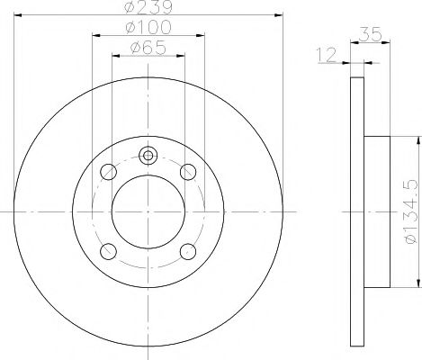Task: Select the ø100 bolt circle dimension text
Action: (x=148, y=30)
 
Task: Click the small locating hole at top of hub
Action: (x=148, y=155)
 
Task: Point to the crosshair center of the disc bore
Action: (x=148, y=211)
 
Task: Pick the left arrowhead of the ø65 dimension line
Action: (x=114, y=57)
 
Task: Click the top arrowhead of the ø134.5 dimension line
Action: (x=418, y=139)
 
